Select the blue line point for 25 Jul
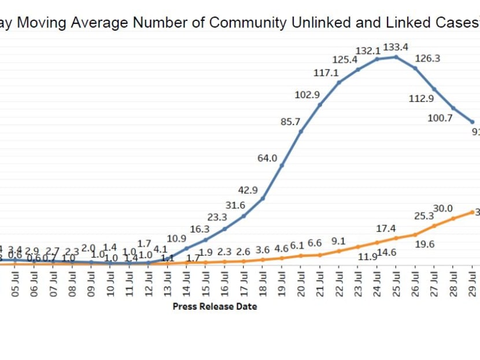(396, 57)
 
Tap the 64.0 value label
(268, 158)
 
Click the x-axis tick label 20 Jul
(301, 282)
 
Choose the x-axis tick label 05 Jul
(16, 282)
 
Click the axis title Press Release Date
(215, 306)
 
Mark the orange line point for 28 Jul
(453, 218)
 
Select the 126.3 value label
(428, 58)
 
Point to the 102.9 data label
(308, 94)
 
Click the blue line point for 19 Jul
(282, 166)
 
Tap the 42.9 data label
(247, 190)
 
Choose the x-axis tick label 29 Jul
(472, 282)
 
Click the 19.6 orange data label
(426, 244)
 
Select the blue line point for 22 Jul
(339, 82)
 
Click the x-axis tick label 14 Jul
(187, 282)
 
